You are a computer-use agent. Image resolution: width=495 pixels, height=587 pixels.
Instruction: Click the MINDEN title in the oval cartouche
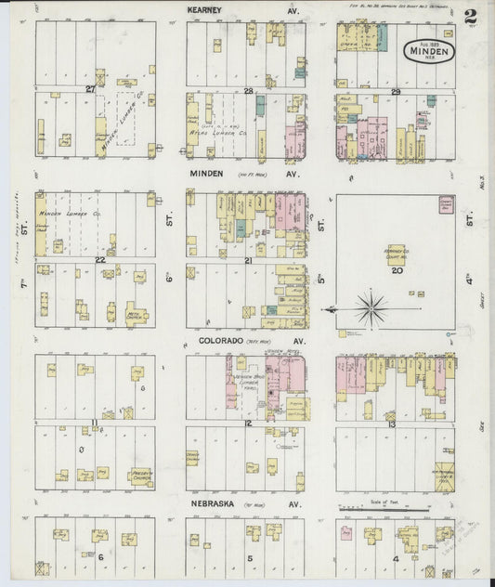click(428, 51)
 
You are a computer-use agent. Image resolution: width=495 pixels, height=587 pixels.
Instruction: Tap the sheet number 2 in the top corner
click(472, 17)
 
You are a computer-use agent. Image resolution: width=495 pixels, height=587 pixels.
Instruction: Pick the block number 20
click(397, 271)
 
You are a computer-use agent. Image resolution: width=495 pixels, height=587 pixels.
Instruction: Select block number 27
click(90, 89)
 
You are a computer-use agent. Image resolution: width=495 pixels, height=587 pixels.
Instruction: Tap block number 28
click(248, 90)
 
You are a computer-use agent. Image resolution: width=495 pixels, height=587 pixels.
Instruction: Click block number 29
click(396, 90)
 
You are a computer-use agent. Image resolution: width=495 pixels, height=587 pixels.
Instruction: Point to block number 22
click(98, 260)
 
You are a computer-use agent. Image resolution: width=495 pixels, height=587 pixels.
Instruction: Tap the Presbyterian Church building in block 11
click(139, 476)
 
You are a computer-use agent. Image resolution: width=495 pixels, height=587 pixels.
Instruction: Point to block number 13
click(393, 423)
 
